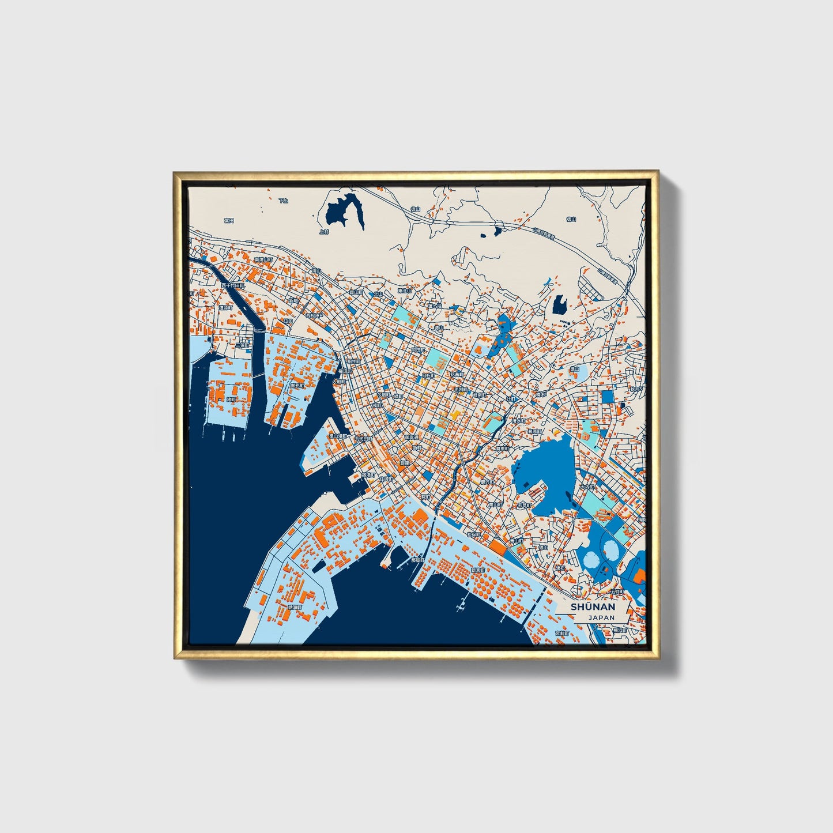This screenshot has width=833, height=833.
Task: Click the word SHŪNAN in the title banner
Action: (x=593, y=607)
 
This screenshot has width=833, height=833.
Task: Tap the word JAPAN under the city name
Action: (x=601, y=617)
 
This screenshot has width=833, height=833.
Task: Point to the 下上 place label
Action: (x=283, y=201)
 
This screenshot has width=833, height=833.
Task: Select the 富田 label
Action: (x=229, y=221)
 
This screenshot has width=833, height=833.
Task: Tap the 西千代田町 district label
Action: (x=233, y=285)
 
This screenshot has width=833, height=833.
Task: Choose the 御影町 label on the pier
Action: (x=297, y=385)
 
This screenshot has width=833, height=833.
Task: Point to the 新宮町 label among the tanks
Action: (x=478, y=570)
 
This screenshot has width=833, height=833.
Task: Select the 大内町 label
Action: (x=586, y=487)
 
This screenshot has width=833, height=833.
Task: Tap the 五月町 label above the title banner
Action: (x=617, y=591)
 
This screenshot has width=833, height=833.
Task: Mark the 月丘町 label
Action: (x=427, y=375)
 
